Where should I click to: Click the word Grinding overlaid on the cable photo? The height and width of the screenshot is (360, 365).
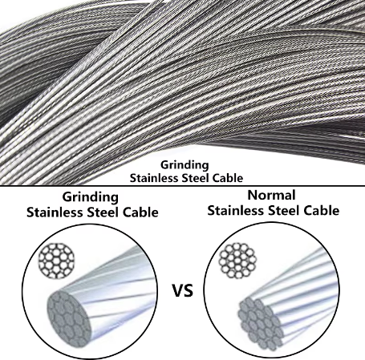point(185,165)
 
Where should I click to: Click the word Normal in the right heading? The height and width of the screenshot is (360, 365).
point(271,195)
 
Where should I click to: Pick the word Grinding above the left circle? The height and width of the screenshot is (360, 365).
point(91,198)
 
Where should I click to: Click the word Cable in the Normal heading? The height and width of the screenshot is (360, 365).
point(322,211)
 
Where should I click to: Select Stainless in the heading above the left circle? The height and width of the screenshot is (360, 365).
point(55,212)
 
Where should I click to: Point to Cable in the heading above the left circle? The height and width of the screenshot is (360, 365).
point(140,212)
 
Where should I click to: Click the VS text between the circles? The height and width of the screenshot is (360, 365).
point(182,291)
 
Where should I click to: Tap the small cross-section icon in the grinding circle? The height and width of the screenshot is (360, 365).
point(56,260)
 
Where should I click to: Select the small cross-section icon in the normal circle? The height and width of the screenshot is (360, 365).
point(237,261)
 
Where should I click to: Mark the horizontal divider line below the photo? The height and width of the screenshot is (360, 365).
point(182,185)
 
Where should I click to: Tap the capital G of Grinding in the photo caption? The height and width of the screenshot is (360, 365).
point(164,165)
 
